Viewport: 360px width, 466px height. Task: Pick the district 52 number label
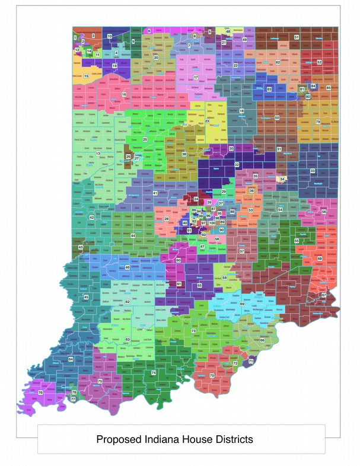(319, 62)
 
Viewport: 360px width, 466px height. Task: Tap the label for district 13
(98, 154)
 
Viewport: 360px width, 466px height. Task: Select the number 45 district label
(87, 297)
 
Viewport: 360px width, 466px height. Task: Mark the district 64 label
(71, 359)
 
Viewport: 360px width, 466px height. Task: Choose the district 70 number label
(212, 376)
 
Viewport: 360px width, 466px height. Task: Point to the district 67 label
(324, 295)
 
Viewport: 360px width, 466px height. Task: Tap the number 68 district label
(320, 258)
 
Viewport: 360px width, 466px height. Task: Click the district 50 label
(277, 118)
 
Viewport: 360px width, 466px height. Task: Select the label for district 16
(124, 94)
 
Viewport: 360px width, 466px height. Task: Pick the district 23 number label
(207, 121)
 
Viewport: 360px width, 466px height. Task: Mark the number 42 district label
(91, 218)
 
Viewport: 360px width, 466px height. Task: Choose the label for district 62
(128, 301)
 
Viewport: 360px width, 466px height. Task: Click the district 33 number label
(313, 171)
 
